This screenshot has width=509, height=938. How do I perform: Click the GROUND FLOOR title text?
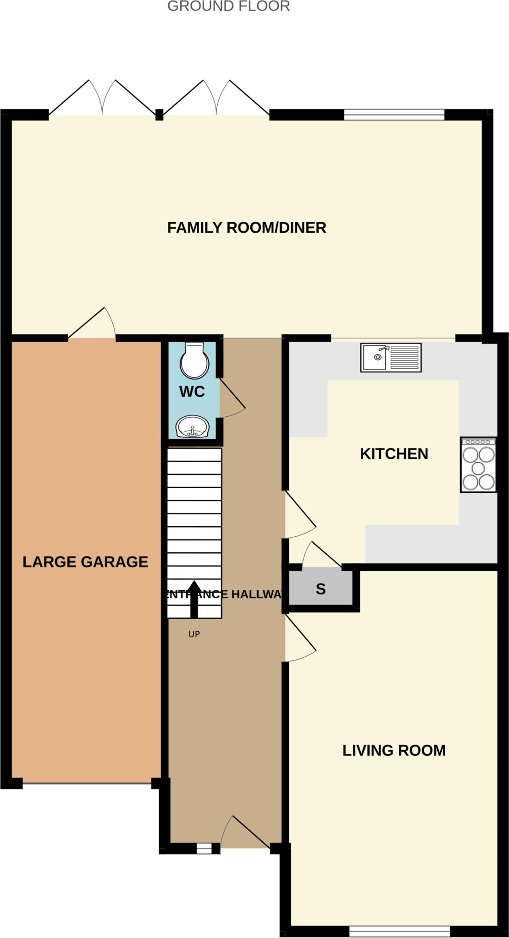[x=228, y=6]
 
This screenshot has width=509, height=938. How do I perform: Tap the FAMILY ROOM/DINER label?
[x=246, y=228]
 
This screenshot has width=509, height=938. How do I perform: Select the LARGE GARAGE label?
[x=85, y=562]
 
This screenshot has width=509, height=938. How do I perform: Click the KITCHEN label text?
[x=393, y=454]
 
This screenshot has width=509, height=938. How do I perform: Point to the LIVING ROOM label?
[x=393, y=750]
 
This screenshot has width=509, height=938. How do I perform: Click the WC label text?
[x=192, y=392]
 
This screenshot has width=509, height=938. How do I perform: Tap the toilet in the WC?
[x=194, y=360]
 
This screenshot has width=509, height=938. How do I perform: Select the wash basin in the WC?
[x=193, y=427]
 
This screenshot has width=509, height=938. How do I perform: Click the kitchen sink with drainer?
[x=391, y=358]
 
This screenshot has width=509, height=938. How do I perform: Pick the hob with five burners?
[x=478, y=465]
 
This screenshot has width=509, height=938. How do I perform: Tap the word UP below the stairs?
[x=194, y=634]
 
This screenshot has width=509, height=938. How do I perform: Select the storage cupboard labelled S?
[x=321, y=589]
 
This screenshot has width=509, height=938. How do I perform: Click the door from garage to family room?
[x=92, y=323]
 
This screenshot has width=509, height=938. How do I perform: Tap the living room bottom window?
[x=399, y=931]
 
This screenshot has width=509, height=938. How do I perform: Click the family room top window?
[x=394, y=115]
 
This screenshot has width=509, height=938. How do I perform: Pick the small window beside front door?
[x=204, y=849]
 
